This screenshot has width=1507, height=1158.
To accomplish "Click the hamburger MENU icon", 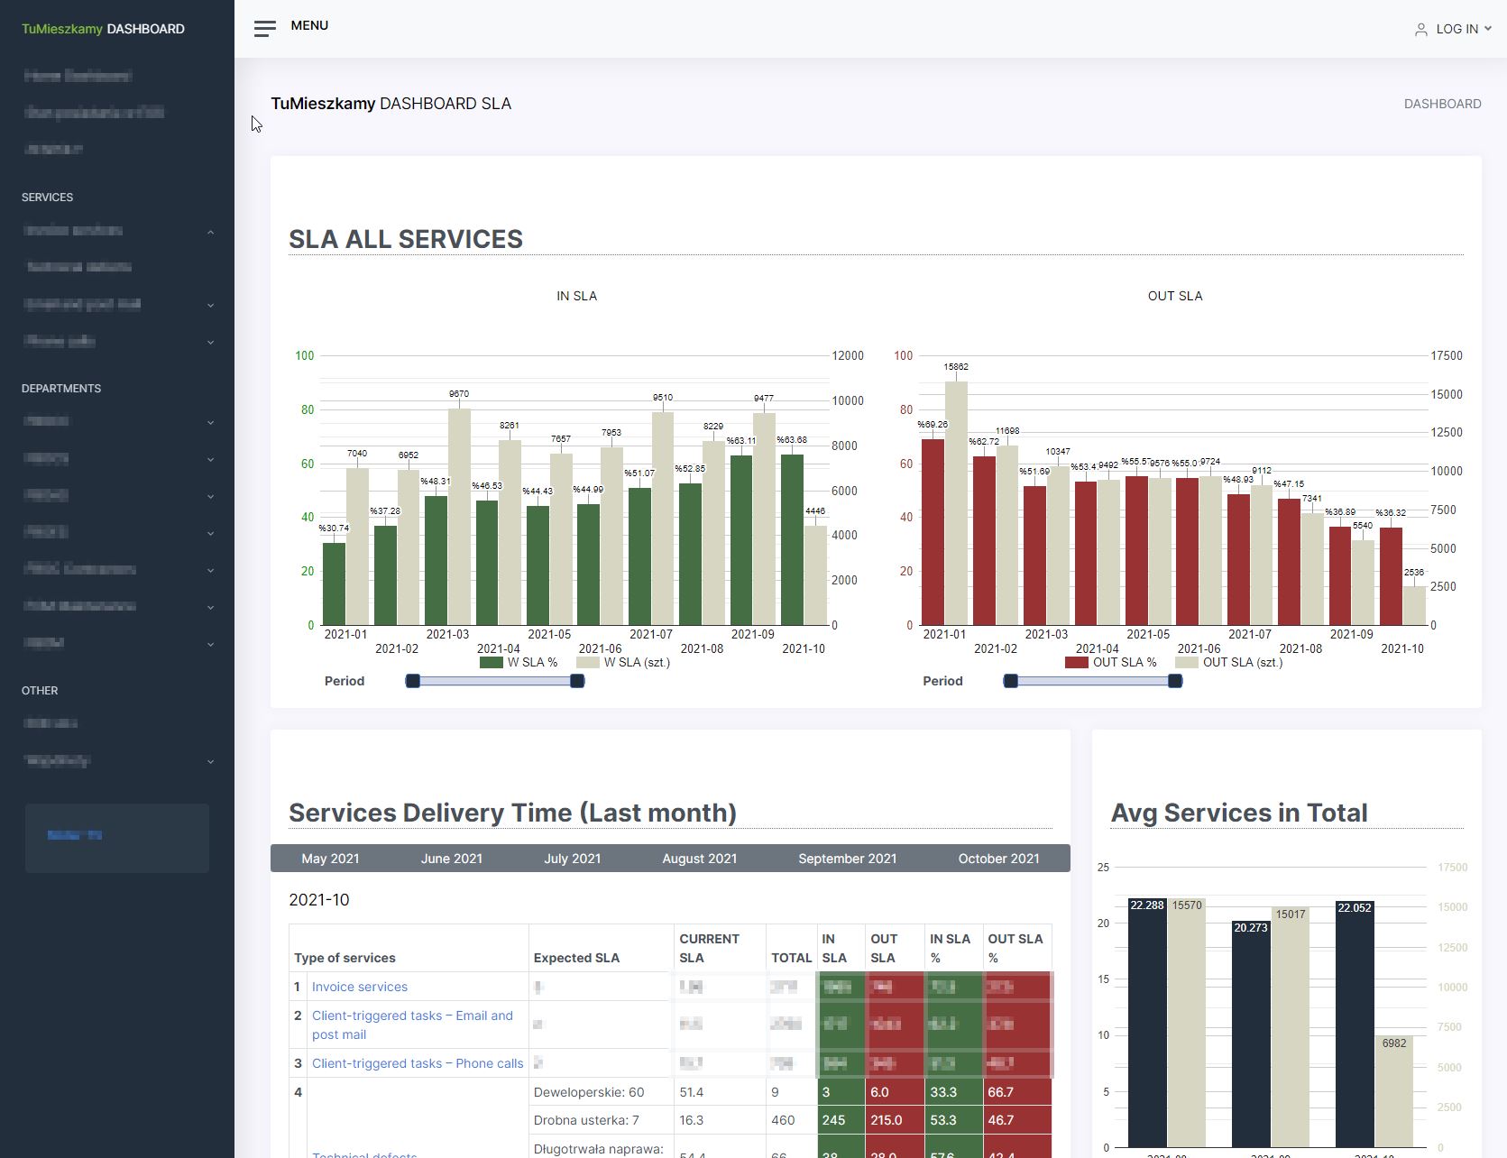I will click(x=264, y=29).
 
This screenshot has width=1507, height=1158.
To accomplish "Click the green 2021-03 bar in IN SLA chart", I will click(x=436, y=561).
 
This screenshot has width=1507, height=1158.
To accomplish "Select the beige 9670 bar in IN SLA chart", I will click(x=459, y=517).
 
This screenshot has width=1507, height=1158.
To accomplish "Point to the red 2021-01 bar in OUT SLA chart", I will click(x=933, y=532).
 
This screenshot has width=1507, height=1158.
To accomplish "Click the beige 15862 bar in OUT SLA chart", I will click(x=956, y=503).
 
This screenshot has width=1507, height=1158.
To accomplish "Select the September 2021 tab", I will click(x=847, y=859).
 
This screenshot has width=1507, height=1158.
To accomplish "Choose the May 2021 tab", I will click(x=330, y=859).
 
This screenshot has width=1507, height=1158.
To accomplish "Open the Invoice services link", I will click(x=359, y=987).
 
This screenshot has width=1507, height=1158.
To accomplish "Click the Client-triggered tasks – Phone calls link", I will click(x=417, y=1063).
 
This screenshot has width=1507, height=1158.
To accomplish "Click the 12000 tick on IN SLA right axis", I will click(x=847, y=355).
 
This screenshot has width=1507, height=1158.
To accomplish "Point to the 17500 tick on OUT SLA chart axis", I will click(x=1446, y=355).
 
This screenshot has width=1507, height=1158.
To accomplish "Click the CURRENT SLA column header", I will click(x=709, y=948).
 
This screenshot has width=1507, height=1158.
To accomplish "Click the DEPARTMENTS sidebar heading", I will click(x=61, y=389).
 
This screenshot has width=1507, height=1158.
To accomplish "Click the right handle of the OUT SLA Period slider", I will click(x=1175, y=681).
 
